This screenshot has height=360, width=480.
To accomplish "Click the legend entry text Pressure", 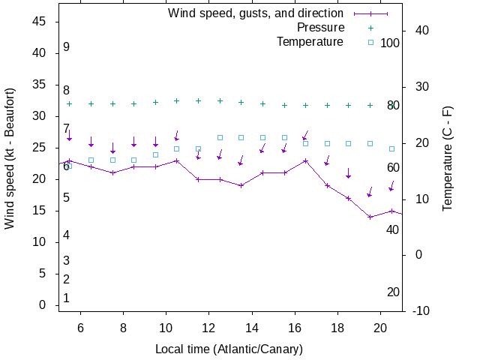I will click(320, 28).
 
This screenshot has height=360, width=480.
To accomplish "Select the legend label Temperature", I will click(310, 42).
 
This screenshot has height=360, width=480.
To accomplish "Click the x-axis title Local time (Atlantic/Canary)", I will click(229, 349).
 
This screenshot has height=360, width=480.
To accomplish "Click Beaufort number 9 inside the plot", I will click(66, 47).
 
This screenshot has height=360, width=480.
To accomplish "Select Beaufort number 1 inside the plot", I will click(66, 298).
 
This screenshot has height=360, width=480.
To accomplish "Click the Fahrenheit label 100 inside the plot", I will click(390, 43).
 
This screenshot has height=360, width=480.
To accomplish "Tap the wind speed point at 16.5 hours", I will click(305, 160).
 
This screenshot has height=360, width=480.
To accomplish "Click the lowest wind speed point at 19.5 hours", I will click(370, 217).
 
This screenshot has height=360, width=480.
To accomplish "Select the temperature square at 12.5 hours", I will click(220, 137).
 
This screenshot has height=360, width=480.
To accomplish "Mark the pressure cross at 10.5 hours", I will click(177, 100).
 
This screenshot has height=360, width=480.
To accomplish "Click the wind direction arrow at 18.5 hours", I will click(348, 173).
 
